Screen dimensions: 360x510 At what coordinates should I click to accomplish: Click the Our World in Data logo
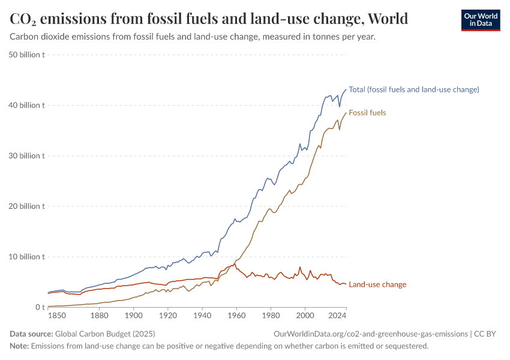coord(480,20)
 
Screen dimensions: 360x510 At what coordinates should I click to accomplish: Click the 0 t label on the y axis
coord(38,307)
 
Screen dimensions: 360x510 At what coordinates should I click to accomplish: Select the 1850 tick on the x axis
coord(56,316)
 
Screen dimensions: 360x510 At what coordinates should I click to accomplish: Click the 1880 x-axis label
coord(99,316)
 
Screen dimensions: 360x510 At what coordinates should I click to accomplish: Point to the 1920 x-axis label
coord(167,316)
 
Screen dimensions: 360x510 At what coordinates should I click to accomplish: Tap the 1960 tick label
coord(236,316)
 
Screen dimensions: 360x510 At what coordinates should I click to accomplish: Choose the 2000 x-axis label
coord(305,316)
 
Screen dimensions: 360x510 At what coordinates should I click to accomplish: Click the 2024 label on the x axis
coord(338,316)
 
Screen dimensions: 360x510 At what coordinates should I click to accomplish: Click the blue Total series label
coord(413,90)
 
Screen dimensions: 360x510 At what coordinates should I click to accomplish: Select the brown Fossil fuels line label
coord(367,113)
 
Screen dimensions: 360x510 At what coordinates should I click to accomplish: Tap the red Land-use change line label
coord(377,284)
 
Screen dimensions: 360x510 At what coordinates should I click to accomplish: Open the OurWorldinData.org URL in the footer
coord(370,334)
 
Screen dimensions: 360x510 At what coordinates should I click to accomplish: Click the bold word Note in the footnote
coord(19,346)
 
